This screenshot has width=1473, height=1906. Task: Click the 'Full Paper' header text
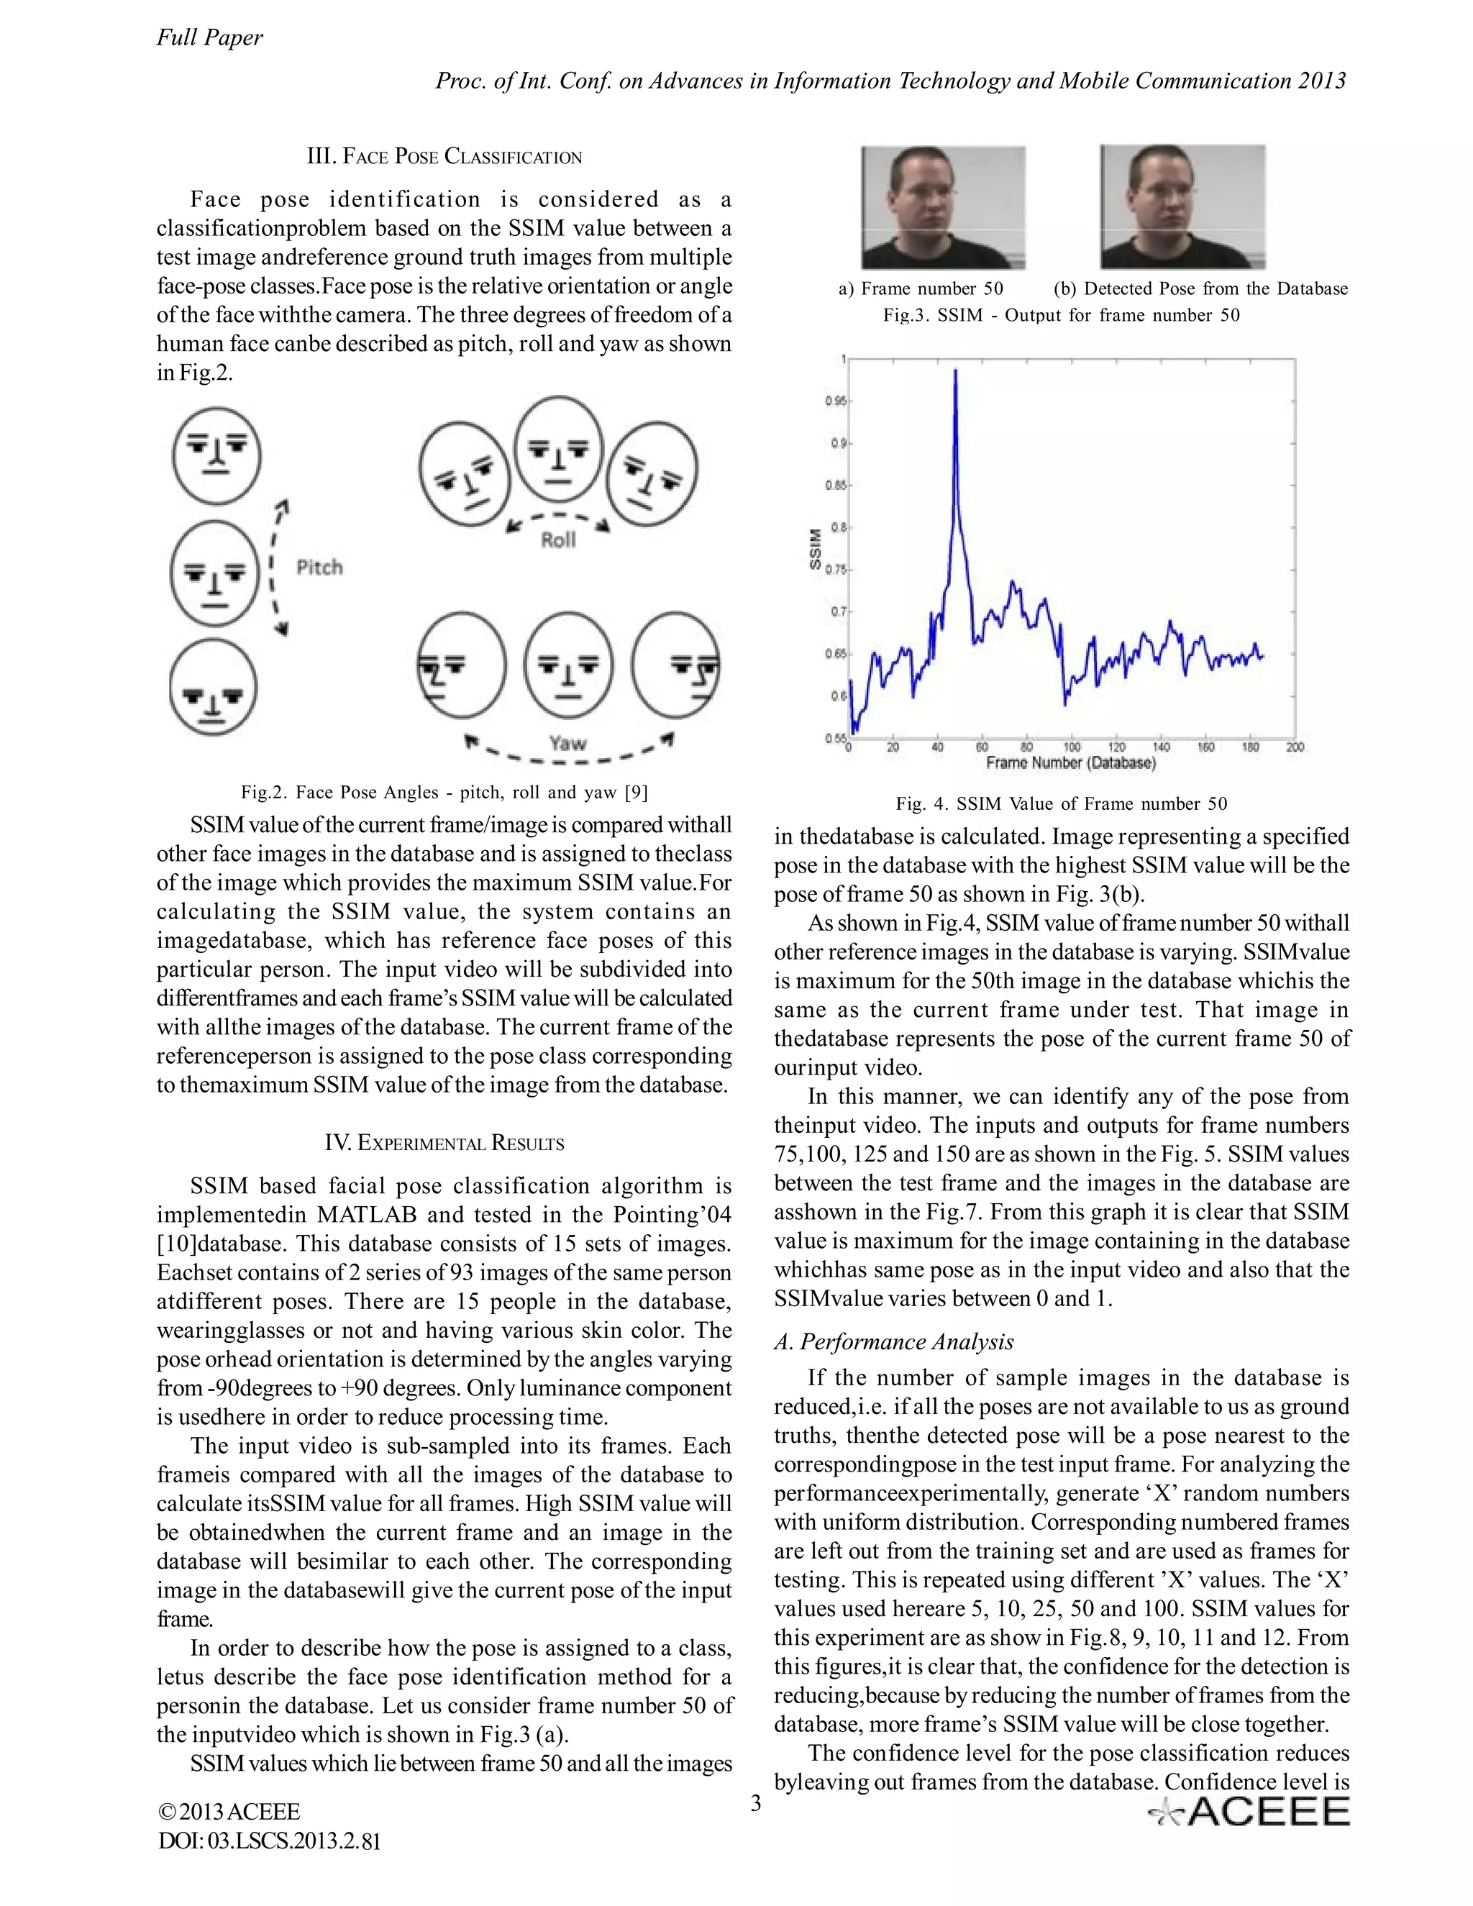[209, 37]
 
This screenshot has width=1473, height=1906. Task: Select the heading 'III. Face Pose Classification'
[444, 157]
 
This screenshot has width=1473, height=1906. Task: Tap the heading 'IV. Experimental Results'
[444, 1144]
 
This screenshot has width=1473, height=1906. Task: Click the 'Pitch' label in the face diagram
[319, 567]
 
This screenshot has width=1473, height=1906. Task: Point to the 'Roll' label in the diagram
[558, 540]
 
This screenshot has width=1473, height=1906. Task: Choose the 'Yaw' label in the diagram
[567, 744]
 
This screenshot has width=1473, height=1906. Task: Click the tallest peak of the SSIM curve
[956, 371]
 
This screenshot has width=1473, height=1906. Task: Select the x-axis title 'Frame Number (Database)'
[1071, 762]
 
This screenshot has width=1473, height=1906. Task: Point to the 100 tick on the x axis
[1072, 747]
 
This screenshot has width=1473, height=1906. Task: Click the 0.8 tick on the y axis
[838, 527]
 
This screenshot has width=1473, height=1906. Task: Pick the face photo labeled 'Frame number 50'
[944, 208]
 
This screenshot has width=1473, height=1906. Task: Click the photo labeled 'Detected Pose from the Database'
[1182, 208]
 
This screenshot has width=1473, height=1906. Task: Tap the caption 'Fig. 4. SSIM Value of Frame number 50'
[1061, 803]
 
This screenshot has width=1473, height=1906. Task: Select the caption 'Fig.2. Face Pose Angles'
[444, 792]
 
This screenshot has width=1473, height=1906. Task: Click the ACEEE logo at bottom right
[1249, 1812]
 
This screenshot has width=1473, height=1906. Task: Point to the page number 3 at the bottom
[756, 1803]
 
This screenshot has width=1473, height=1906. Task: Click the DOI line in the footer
[269, 1841]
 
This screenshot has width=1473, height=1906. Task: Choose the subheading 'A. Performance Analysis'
[893, 1341]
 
